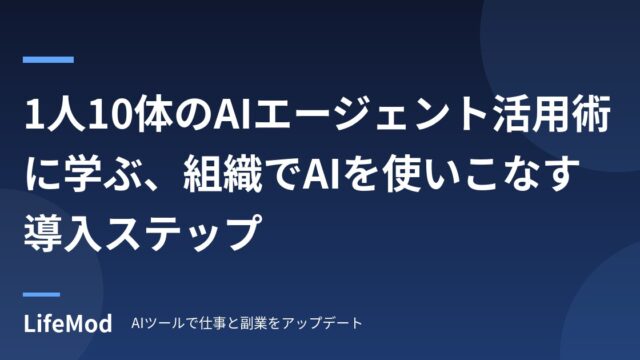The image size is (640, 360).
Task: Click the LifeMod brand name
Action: [x=68, y=324]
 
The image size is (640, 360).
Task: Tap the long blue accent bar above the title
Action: [x=48, y=60]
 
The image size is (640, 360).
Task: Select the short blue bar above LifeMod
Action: [x=41, y=294]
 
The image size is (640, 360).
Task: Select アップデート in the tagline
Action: [x=322, y=323]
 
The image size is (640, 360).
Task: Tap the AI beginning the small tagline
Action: [x=136, y=324]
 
